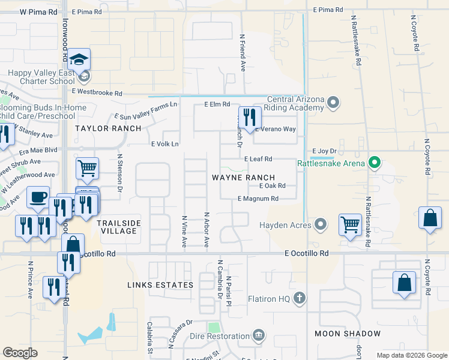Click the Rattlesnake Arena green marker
click(x=375, y=162)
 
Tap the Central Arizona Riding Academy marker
click(x=334, y=103)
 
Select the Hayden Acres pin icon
click(x=321, y=226)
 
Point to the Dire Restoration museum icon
click(x=259, y=334)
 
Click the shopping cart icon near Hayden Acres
click(x=349, y=224)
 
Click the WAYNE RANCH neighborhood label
click(x=243, y=178)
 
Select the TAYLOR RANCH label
click(x=108, y=128)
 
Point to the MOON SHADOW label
click(x=348, y=333)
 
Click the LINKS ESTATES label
click(x=160, y=285)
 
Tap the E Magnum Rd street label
click(x=258, y=199)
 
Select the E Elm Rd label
click(x=217, y=104)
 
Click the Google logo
click(x=20, y=353)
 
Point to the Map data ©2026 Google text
click(x=411, y=355)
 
